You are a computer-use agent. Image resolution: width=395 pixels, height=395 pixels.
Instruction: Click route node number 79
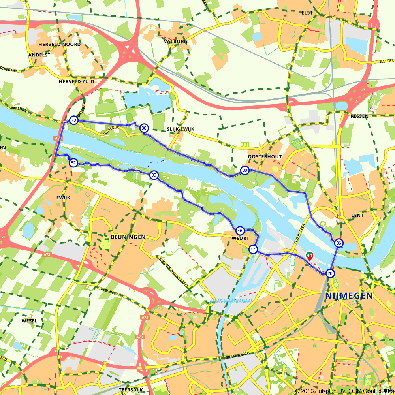tap(73, 120)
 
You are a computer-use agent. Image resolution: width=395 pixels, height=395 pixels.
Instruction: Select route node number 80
tap(144, 128)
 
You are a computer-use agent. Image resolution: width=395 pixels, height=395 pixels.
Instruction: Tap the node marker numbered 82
tap(73, 163)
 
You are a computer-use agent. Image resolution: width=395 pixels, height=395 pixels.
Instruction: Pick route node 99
tap(154, 175)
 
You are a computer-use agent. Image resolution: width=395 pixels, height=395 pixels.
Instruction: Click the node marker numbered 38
tap(245, 171)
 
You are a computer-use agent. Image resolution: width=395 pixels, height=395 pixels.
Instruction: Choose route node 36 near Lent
tap(339, 243)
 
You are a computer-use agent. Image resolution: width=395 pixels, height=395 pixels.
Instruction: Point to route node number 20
tap(330, 273)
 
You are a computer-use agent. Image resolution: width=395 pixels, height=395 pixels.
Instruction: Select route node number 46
tap(240, 231)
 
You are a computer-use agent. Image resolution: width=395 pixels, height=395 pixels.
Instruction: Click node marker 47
tap(253, 250)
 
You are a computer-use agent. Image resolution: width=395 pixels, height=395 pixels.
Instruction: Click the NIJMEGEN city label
tap(349, 296)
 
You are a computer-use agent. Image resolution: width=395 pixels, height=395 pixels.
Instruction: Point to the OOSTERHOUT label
tap(265, 156)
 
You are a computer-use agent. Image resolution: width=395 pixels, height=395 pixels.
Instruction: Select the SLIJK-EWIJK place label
tap(180, 129)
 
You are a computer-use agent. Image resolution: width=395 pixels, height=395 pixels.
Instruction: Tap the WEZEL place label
tap(30, 321)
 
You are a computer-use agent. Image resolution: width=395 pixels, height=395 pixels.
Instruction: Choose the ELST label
tap(307, 13)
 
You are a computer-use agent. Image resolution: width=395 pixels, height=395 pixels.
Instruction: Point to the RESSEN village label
tap(359, 116)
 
